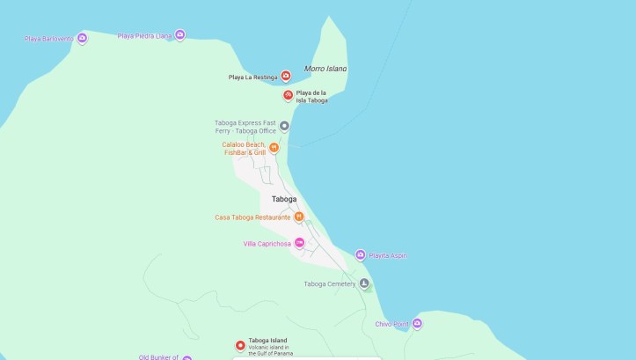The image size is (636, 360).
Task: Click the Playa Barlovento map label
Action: (x=48, y=39)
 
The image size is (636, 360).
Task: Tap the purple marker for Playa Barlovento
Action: (x=82, y=38)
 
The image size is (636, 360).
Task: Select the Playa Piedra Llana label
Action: (x=144, y=36)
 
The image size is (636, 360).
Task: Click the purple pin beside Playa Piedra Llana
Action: (x=179, y=35)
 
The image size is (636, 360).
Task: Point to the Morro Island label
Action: (x=325, y=69)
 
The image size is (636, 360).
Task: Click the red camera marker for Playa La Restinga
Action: (x=286, y=77)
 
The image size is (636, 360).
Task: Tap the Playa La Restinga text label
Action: (x=252, y=77)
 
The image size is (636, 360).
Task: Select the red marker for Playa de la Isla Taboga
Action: (x=288, y=95)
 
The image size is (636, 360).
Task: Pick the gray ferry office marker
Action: (x=284, y=126)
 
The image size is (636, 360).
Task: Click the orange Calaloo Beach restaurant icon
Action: (x=274, y=147)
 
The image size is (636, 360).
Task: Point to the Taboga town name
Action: (x=283, y=199)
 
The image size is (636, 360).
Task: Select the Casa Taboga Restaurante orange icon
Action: (x=299, y=217)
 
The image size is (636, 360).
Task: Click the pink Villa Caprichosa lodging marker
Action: (x=299, y=243)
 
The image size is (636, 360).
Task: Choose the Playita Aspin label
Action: (x=388, y=256)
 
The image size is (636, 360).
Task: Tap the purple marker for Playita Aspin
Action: (x=360, y=255)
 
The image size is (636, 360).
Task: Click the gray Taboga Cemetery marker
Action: (x=364, y=283)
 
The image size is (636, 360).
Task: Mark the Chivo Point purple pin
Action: (x=417, y=324)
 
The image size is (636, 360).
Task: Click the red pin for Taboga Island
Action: (x=238, y=345)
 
